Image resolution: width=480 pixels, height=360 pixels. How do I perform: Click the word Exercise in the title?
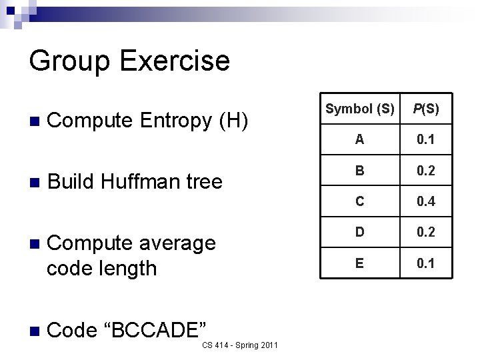click(x=175, y=61)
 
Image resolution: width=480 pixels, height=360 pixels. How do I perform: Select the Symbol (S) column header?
click(x=359, y=109)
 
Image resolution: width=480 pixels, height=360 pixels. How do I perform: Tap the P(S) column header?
click(x=426, y=109)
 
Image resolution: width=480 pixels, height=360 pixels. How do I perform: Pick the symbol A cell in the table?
click(x=359, y=139)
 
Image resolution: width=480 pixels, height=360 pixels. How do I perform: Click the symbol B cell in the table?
click(x=359, y=171)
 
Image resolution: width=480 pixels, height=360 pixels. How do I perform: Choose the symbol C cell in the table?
click(x=359, y=201)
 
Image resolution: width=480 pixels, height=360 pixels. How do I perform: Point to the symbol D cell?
click(x=359, y=232)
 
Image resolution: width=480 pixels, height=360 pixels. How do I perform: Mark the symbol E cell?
click(x=359, y=263)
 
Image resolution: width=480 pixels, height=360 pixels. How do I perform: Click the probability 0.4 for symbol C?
click(x=426, y=201)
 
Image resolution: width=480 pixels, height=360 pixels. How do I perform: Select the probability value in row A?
click(x=426, y=139)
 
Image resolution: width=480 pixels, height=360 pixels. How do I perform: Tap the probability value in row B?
click(x=426, y=171)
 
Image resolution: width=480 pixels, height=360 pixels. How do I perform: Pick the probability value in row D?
click(x=426, y=232)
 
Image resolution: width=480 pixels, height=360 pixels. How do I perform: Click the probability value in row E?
click(x=426, y=263)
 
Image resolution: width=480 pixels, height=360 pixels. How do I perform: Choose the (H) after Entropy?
click(x=233, y=121)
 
